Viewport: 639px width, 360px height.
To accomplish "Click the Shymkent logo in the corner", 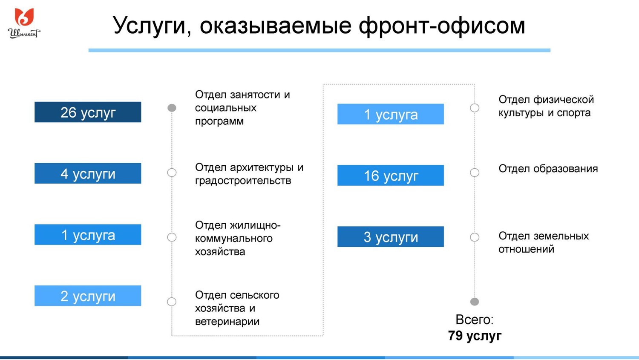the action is (x=24, y=23).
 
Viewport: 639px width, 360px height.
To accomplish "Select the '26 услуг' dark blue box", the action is (x=88, y=112).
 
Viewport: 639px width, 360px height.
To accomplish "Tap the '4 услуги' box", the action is (x=88, y=173).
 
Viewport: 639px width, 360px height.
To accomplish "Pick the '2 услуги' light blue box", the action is (x=88, y=296).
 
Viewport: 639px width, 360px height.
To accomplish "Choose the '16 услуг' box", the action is (x=391, y=176).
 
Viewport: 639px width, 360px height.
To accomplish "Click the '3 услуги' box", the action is (x=391, y=237).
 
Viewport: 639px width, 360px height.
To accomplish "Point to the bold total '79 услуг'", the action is (x=475, y=336).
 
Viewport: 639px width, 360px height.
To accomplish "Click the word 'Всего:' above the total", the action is (x=475, y=320).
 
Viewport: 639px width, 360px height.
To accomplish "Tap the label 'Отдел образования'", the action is (x=548, y=169).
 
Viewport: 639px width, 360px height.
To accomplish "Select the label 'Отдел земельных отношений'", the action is (x=544, y=242).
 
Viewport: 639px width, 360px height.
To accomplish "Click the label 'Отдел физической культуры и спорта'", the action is (x=546, y=106).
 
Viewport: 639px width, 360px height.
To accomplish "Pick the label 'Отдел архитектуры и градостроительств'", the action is (x=249, y=174).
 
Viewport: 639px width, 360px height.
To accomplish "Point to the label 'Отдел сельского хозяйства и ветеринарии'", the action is (x=237, y=308).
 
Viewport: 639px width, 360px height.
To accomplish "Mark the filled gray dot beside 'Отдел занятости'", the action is (x=172, y=108).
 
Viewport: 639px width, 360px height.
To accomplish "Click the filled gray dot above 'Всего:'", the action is (x=475, y=302).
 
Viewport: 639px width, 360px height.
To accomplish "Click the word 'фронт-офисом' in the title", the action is (x=442, y=26).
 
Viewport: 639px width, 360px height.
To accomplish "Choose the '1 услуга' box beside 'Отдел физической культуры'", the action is (x=391, y=114).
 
